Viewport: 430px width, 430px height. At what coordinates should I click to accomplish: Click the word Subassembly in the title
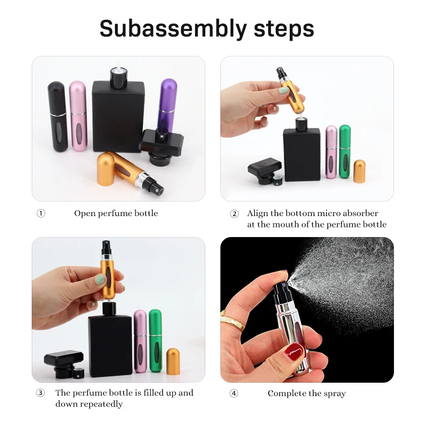point(173,29)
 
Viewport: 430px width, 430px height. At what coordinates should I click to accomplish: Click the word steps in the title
point(284,28)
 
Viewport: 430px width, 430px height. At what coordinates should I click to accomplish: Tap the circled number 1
point(41,213)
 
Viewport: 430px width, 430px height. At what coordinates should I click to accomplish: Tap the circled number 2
point(234,213)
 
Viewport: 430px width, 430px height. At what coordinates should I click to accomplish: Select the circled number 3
point(41,393)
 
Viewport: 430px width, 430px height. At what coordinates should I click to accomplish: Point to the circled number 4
point(234,393)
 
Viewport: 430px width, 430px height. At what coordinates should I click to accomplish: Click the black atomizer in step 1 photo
point(58,116)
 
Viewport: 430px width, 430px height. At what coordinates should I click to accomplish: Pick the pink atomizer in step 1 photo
point(78,116)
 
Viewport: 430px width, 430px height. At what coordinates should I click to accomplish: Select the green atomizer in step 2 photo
point(345,152)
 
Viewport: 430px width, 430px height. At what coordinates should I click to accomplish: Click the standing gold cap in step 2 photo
point(359,171)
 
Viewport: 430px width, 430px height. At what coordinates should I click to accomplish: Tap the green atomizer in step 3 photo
point(155,341)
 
